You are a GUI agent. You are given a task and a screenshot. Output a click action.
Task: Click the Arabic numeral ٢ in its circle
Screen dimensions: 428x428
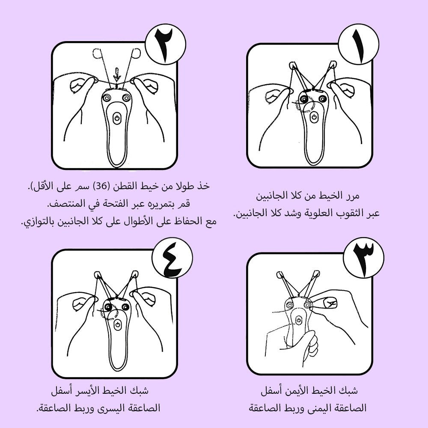tap(165, 44)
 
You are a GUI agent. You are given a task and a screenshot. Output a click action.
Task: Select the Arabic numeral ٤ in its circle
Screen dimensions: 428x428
tap(172, 261)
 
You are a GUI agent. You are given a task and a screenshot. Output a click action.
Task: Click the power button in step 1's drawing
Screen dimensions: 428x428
tap(314, 117)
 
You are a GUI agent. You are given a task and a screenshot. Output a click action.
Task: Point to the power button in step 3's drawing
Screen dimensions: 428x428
tap(299, 321)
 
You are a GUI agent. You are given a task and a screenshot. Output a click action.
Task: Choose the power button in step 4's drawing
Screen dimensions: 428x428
tap(117, 325)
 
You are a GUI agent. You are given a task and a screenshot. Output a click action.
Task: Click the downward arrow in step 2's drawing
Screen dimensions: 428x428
tap(117, 75)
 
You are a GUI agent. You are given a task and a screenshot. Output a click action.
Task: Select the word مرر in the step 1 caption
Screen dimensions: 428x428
tap(351, 196)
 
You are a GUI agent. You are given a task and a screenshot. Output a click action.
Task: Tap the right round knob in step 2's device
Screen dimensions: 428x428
tap(126, 98)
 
